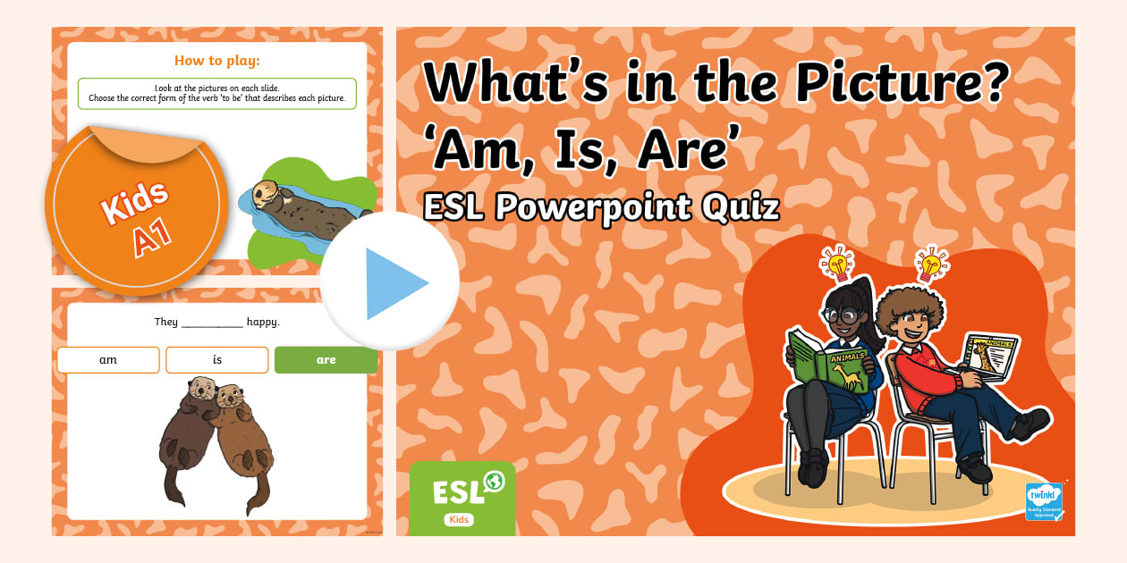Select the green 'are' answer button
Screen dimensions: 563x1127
tap(326, 360)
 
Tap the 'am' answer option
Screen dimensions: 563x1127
tap(108, 360)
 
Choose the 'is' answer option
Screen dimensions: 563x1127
tap(217, 360)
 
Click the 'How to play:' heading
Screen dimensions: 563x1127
tap(217, 62)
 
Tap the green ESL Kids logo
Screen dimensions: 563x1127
tap(462, 498)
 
